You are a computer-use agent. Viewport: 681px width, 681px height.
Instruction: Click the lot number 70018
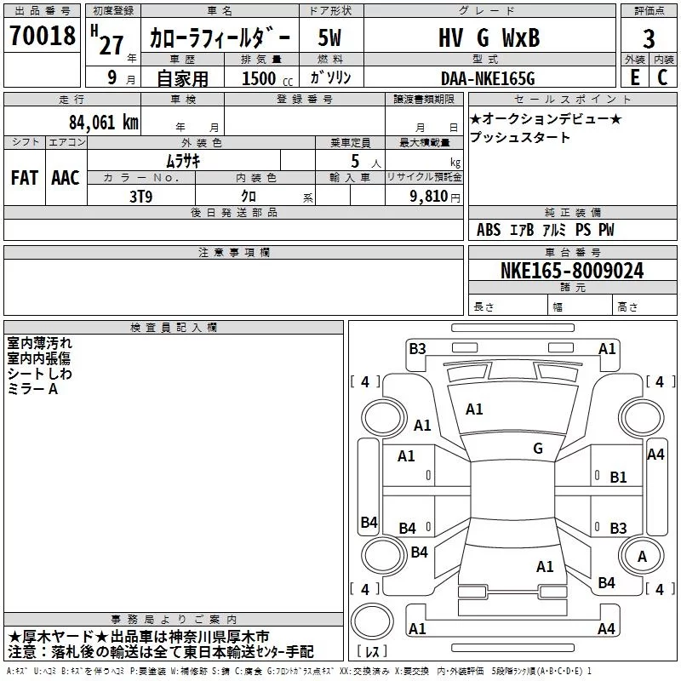[x=43, y=36]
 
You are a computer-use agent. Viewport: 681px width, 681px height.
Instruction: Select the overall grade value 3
[x=649, y=39]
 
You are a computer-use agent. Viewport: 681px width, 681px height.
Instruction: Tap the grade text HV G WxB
[x=489, y=37]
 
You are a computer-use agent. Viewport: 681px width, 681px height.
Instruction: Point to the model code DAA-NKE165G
[x=488, y=78]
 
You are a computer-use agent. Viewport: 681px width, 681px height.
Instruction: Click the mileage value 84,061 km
[x=104, y=123]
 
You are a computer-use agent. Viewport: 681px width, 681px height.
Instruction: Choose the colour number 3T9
[x=141, y=197]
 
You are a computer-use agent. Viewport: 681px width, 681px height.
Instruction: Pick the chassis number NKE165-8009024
[x=572, y=271]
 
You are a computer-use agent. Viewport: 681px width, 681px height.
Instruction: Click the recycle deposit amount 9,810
[x=429, y=197]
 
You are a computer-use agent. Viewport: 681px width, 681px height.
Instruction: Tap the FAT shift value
[x=25, y=178]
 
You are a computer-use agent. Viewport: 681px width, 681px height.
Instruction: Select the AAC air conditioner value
[x=66, y=178]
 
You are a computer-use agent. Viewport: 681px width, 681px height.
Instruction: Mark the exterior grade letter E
[x=635, y=77]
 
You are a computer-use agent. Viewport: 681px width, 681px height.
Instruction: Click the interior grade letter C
[x=662, y=77]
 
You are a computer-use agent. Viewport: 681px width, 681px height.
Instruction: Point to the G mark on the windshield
[x=538, y=449]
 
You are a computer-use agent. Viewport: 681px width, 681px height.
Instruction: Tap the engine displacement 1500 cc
[x=267, y=78]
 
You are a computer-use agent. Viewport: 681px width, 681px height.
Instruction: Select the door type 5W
[x=329, y=37]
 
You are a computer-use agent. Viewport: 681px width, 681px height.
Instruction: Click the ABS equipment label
[x=489, y=230]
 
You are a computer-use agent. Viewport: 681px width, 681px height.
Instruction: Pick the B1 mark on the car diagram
[x=618, y=478]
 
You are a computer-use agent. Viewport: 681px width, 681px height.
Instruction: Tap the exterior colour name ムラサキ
[x=183, y=161]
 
